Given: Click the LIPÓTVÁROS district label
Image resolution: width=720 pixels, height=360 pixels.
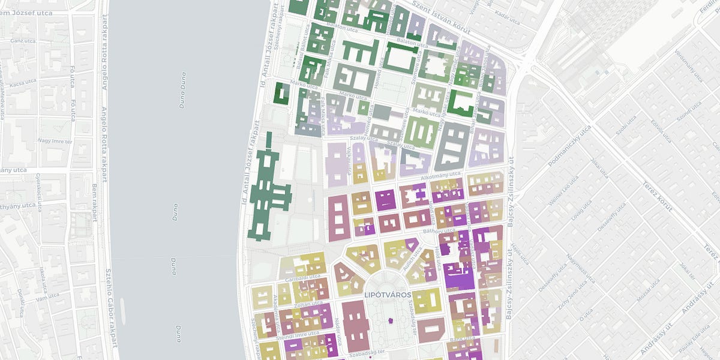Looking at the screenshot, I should pos(387,295).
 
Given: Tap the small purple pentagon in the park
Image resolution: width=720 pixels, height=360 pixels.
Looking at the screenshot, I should pos(391,321).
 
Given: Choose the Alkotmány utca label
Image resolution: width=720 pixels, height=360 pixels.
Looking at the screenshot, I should pos(440,175).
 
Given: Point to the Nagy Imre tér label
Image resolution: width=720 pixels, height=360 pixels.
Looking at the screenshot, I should pos(55,142).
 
